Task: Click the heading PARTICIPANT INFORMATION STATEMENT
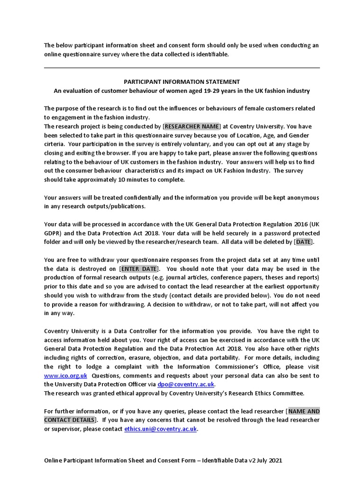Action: coord(182,81)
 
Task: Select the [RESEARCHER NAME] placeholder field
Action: coord(192,126)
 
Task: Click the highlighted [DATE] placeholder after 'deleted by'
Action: coord(304,242)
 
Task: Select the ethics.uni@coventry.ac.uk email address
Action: coord(161,429)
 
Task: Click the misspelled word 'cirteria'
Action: coord(55,144)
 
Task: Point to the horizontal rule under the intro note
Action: coord(182,68)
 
